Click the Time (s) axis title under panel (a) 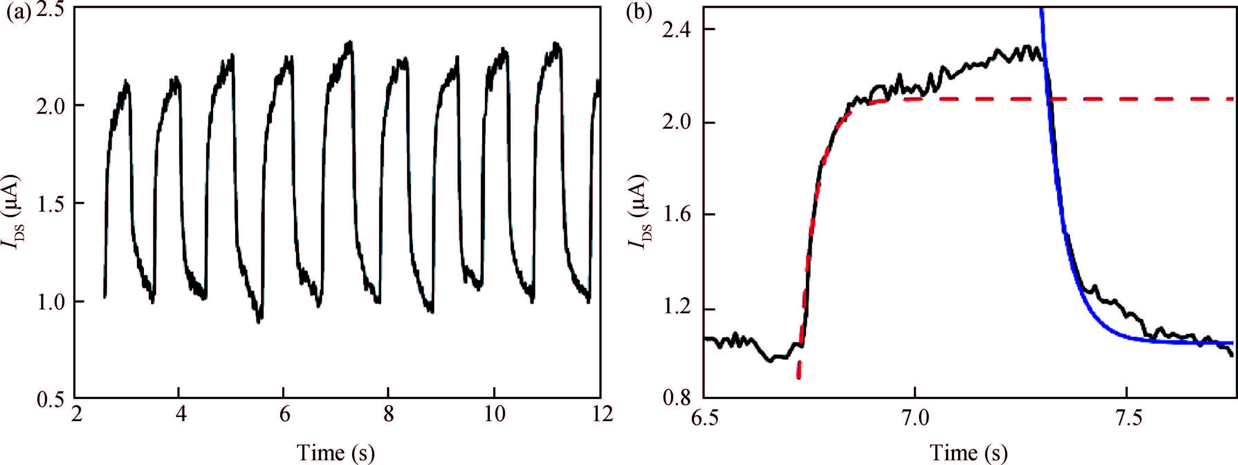(x=336, y=452)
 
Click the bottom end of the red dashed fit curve (x=799, y=378)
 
